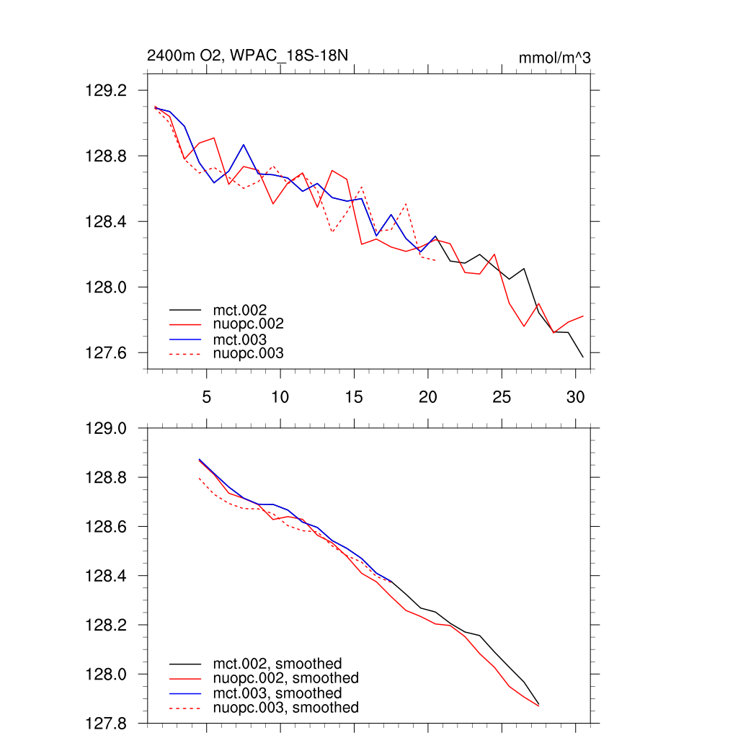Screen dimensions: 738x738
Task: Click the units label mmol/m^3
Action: pos(554,58)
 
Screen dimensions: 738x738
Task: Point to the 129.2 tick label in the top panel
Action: pos(105,91)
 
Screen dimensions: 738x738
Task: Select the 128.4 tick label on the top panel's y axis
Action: pos(105,222)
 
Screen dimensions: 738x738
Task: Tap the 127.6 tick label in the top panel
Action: pos(105,353)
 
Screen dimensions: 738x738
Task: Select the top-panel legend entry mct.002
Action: pos(245,310)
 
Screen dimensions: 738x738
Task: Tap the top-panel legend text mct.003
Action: pos(245,339)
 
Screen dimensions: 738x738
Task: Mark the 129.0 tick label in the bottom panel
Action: pos(105,429)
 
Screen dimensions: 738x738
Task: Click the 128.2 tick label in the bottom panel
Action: pos(105,626)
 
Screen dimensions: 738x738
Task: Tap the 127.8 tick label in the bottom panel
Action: pos(105,724)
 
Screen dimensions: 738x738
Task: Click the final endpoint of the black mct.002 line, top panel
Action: pos(582,357)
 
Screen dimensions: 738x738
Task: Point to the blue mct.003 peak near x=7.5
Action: pos(244,145)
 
